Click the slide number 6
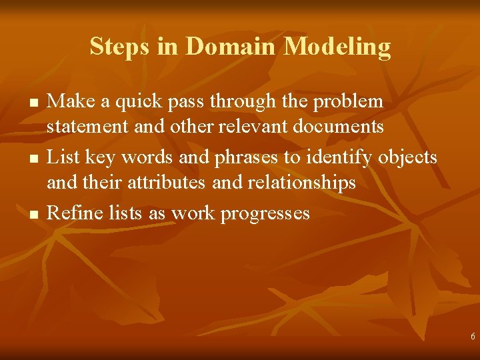pyautogui.click(x=473, y=337)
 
